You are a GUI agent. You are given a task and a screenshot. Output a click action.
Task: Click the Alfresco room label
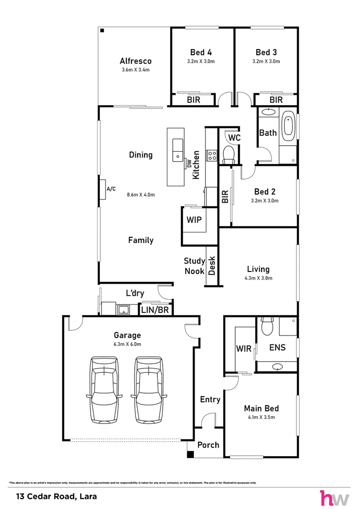[x=135, y=61]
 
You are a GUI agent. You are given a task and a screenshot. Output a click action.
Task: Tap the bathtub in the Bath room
[x=288, y=127]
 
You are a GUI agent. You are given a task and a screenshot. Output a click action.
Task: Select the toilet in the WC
[x=229, y=154]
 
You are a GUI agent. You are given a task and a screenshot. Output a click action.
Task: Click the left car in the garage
[x=105, y=390]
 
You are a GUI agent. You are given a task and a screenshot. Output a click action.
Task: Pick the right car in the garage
[x=149, y=390]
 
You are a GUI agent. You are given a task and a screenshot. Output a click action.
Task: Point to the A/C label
[x=111, y=189]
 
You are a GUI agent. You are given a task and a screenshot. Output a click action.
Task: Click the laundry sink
[x=123, y=309]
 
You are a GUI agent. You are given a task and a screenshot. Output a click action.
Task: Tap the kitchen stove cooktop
[x=212, y=156]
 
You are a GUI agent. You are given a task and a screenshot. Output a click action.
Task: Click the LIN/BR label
[x=155, y=310]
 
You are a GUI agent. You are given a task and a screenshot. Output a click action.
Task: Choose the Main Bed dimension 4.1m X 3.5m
[x=262, y=417]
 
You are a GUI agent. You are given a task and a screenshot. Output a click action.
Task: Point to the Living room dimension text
[x=258, y=278]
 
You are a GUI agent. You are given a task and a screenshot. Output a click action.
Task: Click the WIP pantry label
[x=194, y=220]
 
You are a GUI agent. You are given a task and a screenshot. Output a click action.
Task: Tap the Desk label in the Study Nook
[x=212, y=265]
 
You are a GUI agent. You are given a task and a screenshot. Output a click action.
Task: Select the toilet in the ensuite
[x=268, y=326]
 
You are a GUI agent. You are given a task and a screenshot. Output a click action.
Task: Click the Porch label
[x=208, y=445]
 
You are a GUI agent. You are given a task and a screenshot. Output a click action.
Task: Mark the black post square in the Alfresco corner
[x=102, y=31]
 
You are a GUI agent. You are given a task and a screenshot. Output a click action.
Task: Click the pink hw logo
[x=335, y=497]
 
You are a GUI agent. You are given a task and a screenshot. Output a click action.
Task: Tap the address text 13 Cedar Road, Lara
[x=57, y=496]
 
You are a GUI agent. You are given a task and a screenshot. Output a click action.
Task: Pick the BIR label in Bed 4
[x=194, y=100]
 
